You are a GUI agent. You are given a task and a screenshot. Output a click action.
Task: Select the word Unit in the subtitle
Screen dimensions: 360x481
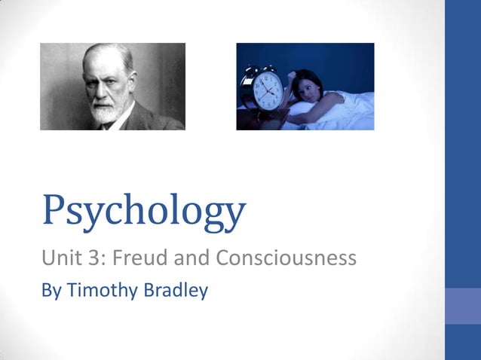click(x=59, y=259)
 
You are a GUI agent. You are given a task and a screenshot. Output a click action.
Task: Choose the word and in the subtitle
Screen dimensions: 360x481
click(x=192, y=259)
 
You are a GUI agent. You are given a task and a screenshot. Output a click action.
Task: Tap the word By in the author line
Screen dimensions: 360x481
click(x=51, y=290)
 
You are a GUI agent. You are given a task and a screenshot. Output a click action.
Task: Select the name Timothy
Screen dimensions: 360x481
click(x=102, y=291)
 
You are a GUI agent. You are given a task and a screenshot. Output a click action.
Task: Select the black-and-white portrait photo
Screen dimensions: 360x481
click(x=112, y=86)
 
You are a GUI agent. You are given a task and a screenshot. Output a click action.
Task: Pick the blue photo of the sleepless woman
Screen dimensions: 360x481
click(x=305, y=86)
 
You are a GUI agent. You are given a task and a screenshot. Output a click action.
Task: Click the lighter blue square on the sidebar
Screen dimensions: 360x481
click(x=463, y=306)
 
